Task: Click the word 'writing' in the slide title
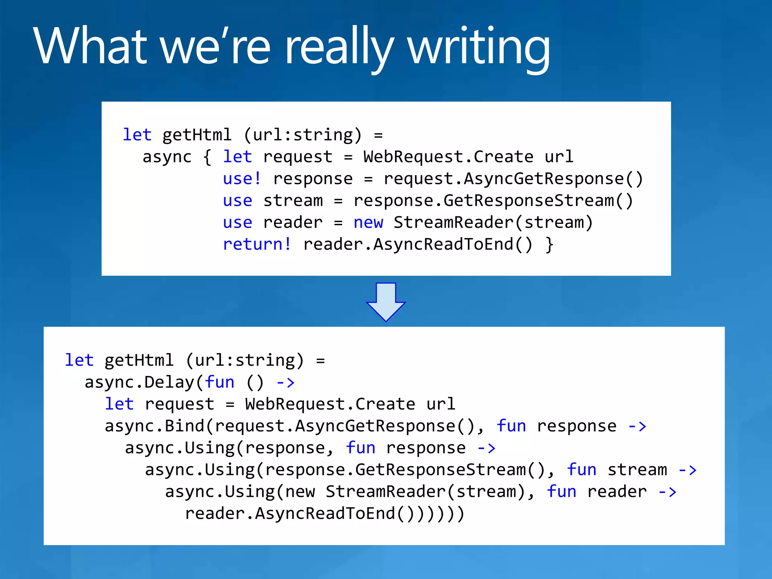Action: click(479, 47)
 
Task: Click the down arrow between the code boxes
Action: click(386, 302)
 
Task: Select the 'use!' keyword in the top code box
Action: click(242, 179)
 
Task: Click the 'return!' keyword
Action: click(257, 244)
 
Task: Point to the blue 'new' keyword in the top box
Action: click(368, 222)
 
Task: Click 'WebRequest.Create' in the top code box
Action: click(448, 157)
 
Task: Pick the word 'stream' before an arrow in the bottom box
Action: click(637, 470)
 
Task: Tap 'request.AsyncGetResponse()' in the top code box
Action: click(513, 179)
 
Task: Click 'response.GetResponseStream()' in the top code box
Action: click(493, 201)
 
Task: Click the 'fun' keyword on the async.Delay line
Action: click(219, 382)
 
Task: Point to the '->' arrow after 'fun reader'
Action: click(667, 492)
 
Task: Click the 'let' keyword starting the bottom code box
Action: click(79, 360)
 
